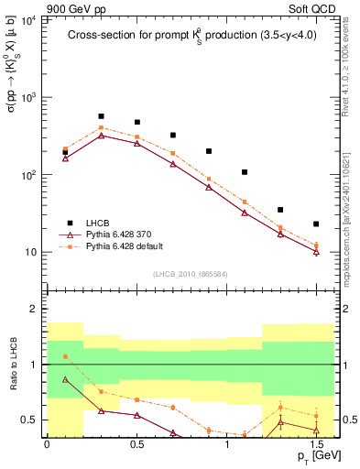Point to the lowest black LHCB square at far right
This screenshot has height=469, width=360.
(316, 224)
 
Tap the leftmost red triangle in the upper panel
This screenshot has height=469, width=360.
(65, 158)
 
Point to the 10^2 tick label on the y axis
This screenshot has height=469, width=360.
(28, 174)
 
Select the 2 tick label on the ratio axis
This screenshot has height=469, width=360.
(38, 310)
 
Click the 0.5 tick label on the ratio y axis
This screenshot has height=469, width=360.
(32, 420)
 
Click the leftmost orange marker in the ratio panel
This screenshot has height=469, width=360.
(65, 356)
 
